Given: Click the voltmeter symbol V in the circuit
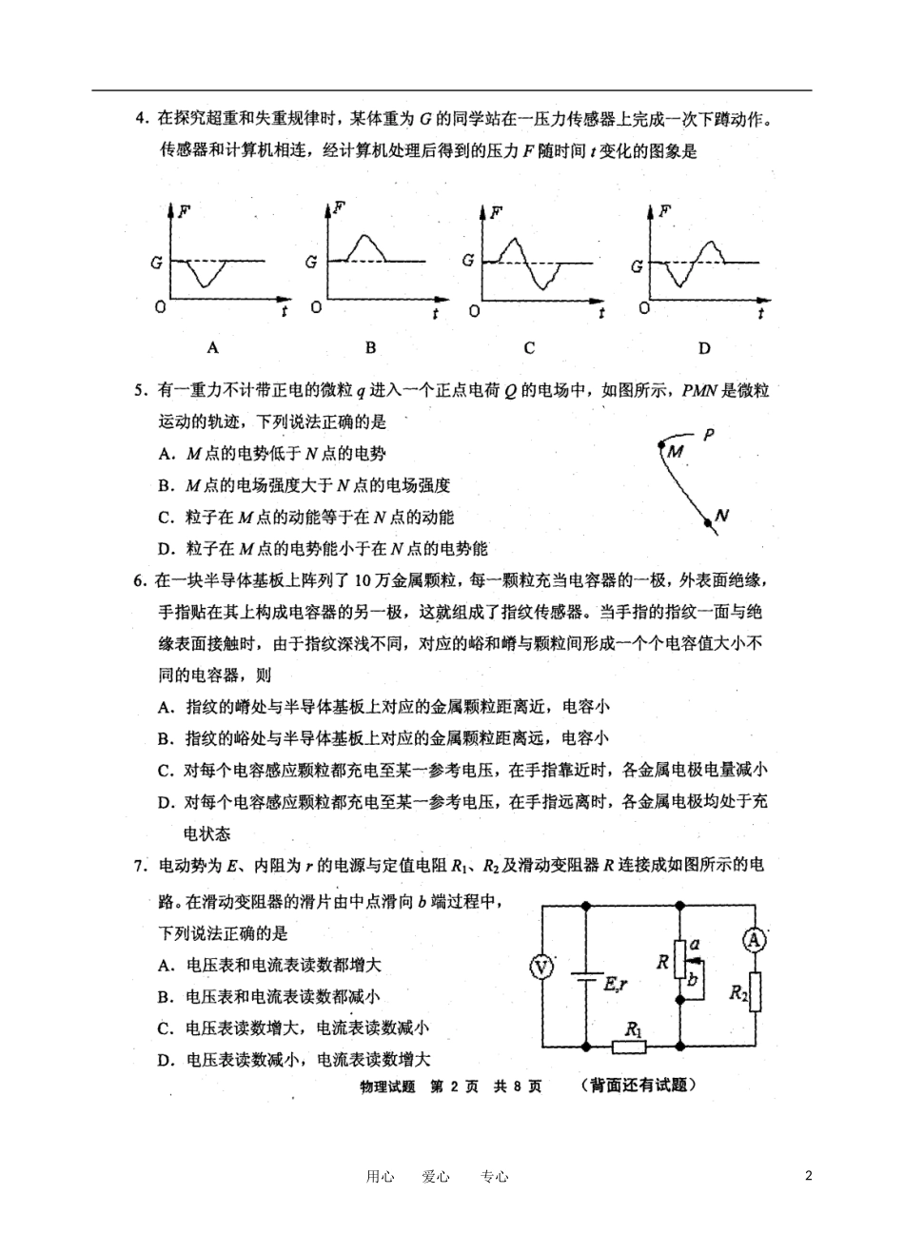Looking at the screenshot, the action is (541, 968).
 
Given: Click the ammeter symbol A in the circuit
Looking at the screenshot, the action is (754, 940).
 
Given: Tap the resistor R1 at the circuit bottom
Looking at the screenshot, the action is (629, 1046).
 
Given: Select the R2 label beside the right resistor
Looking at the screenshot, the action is (738, 992).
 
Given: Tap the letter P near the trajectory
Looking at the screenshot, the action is (707, 435).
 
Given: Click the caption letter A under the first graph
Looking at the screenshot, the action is (213, 348).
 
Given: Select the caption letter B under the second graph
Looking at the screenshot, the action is (371, 348).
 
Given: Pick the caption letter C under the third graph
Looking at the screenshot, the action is (529, 348).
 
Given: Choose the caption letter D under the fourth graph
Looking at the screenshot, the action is (704, 348).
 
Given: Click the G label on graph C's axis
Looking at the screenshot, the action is (467, 260).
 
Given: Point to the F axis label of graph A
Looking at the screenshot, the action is (184, 207).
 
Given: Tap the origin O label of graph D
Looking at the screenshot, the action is (646, 308).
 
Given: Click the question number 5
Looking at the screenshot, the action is (139, 390).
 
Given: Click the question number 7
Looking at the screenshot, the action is (139, 866).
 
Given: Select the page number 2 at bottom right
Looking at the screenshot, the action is (809, 1176).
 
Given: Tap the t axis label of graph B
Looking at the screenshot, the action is (435, 313).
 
